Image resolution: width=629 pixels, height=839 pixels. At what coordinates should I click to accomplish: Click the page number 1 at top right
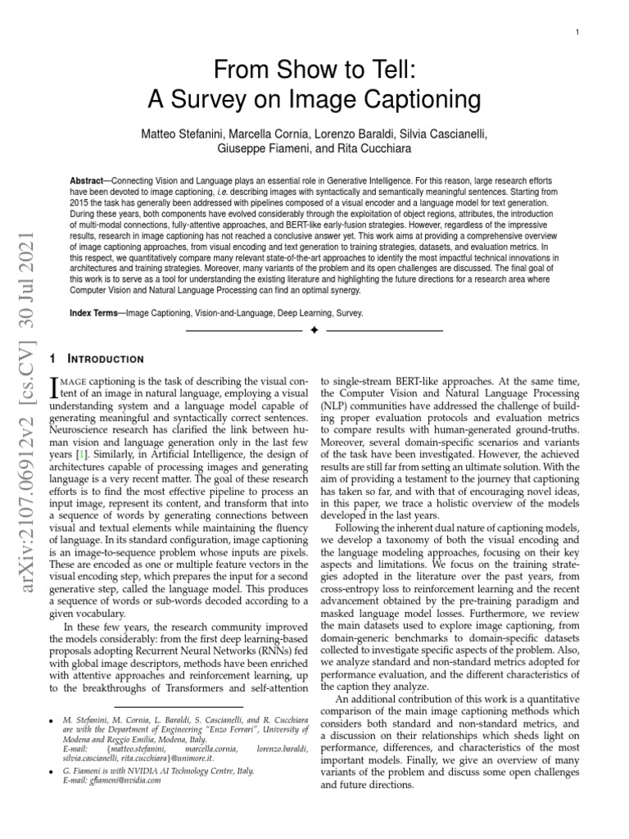pyautogui.click(x=577, y=32)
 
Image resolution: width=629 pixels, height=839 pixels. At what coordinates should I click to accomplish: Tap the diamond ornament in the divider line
pyautogui.click(x=314, y=331)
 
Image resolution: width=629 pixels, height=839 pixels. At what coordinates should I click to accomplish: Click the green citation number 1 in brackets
pyautogui.click(x=80, y=453)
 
